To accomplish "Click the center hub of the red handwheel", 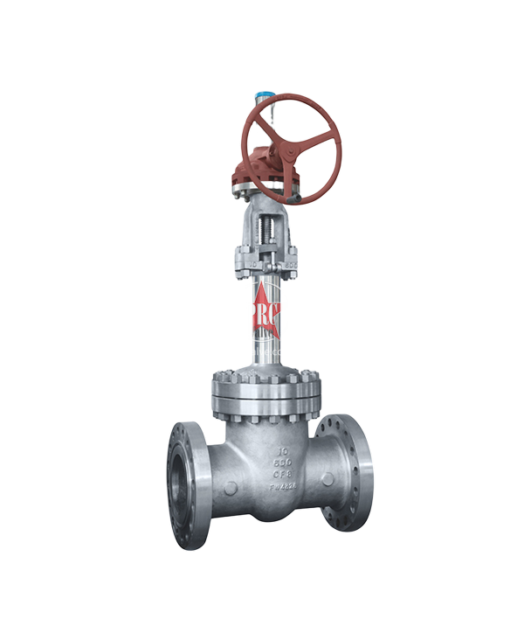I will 291,149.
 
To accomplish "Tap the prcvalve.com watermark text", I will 260,351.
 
